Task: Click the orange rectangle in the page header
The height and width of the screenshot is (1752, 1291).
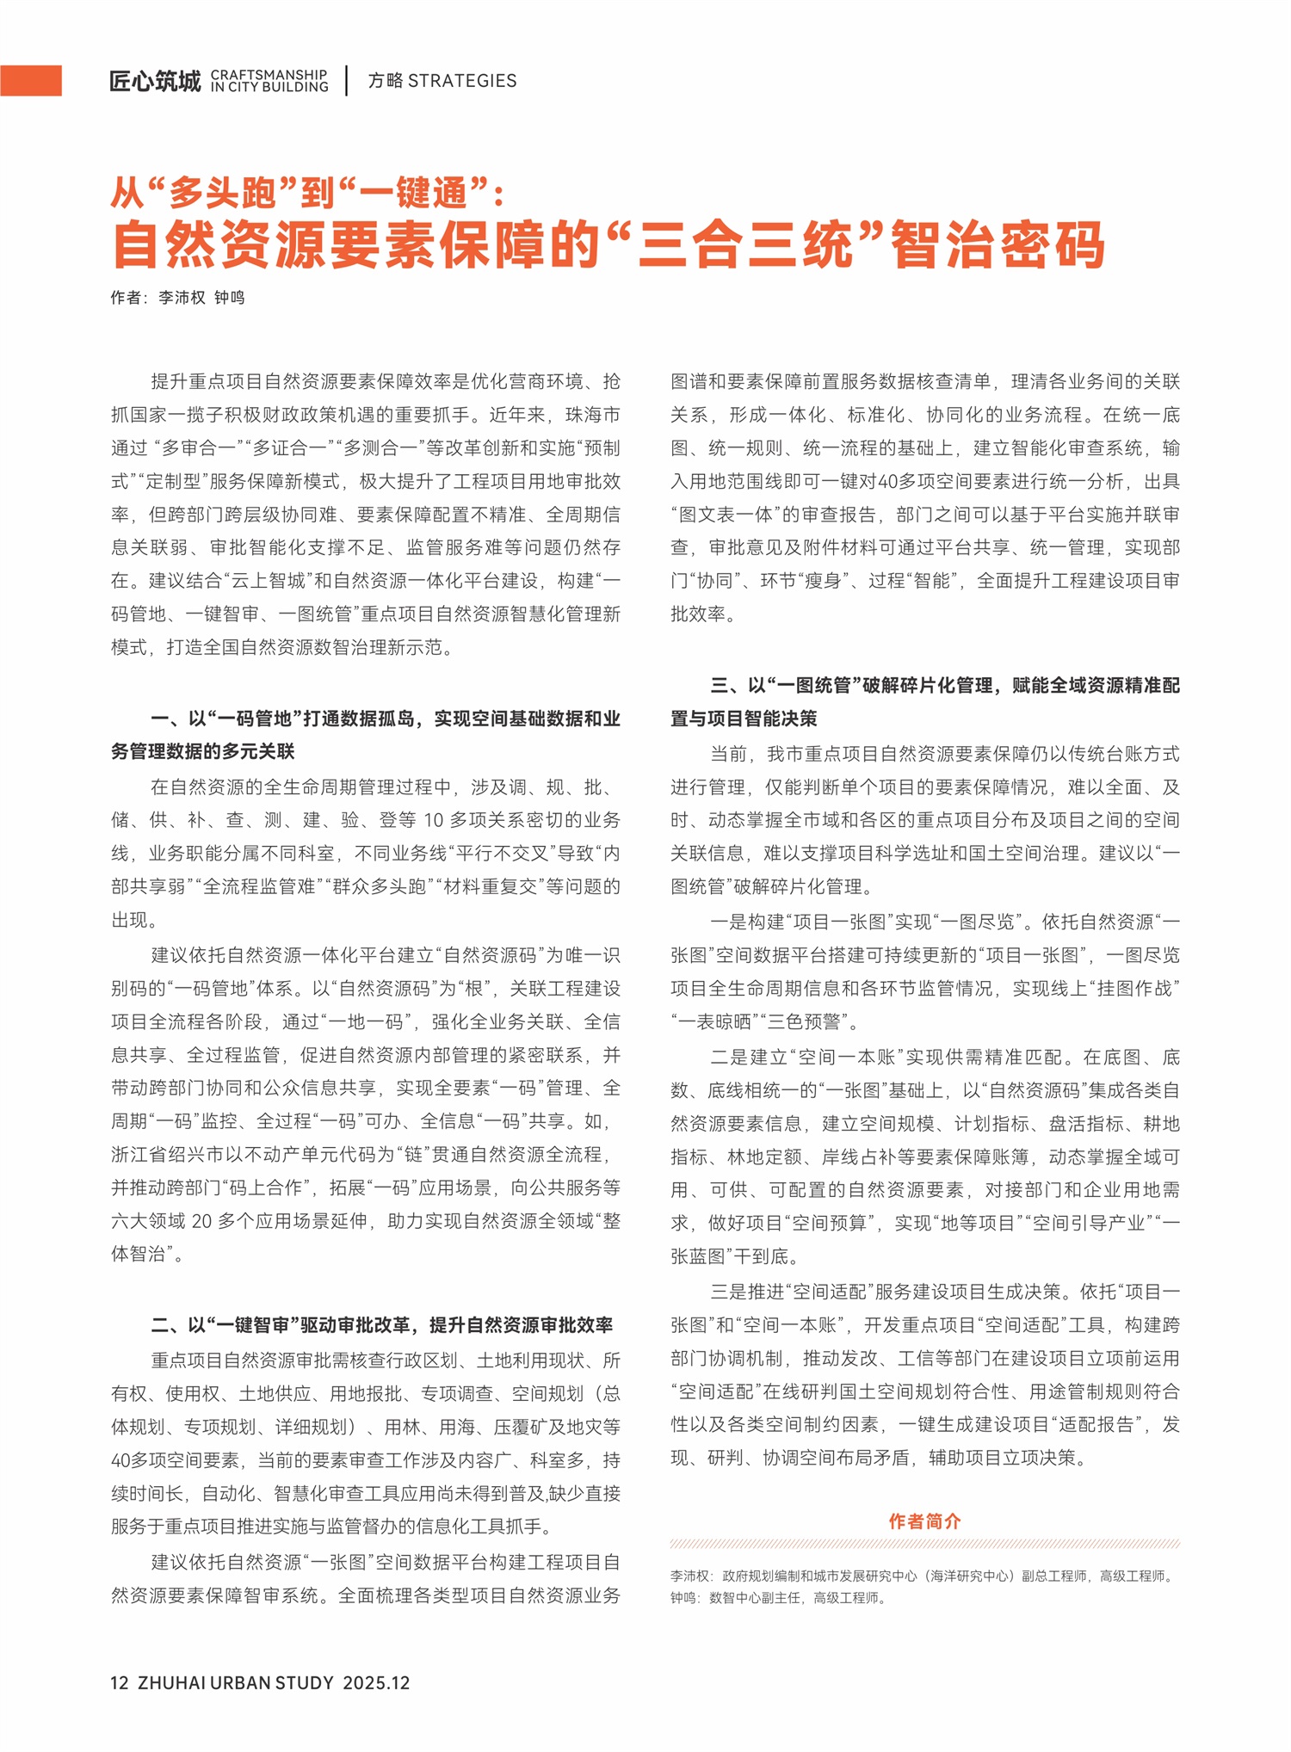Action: pyautogui.click(x=31, y=81)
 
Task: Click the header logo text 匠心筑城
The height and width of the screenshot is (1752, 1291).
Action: pyautogui.click(x=155, y=82)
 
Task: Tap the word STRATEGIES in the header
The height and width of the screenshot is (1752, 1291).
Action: pyautogui.click(x=462, y=81)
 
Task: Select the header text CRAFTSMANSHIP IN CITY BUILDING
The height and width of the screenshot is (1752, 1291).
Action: pyautogui.click(x=269, y=81)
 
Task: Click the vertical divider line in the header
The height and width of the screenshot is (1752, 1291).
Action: pyautogui.click(x=347, y=81)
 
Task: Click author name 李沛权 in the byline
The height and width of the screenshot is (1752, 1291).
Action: pyautogui.click(x=182, y=298)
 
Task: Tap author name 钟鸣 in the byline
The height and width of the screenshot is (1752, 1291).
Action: pyautogui.click(x=230, y=298)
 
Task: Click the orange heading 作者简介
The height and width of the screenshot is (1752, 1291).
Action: pyautogui.click(x=925, y=1521)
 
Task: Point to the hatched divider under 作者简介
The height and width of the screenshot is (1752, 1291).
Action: pyautogui.click(x=925, y=1544)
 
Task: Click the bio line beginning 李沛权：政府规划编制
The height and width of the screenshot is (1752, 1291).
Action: pyautogui.click(x=923, y=1576)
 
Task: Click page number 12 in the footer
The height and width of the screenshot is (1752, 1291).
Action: pyautogui.click(x=120, y=1683)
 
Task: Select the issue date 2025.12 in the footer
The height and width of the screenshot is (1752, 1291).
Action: pyautogui.click(x=376, y=1683)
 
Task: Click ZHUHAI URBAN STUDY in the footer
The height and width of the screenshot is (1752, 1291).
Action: pyautogui.click(x=235, y=1683)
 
